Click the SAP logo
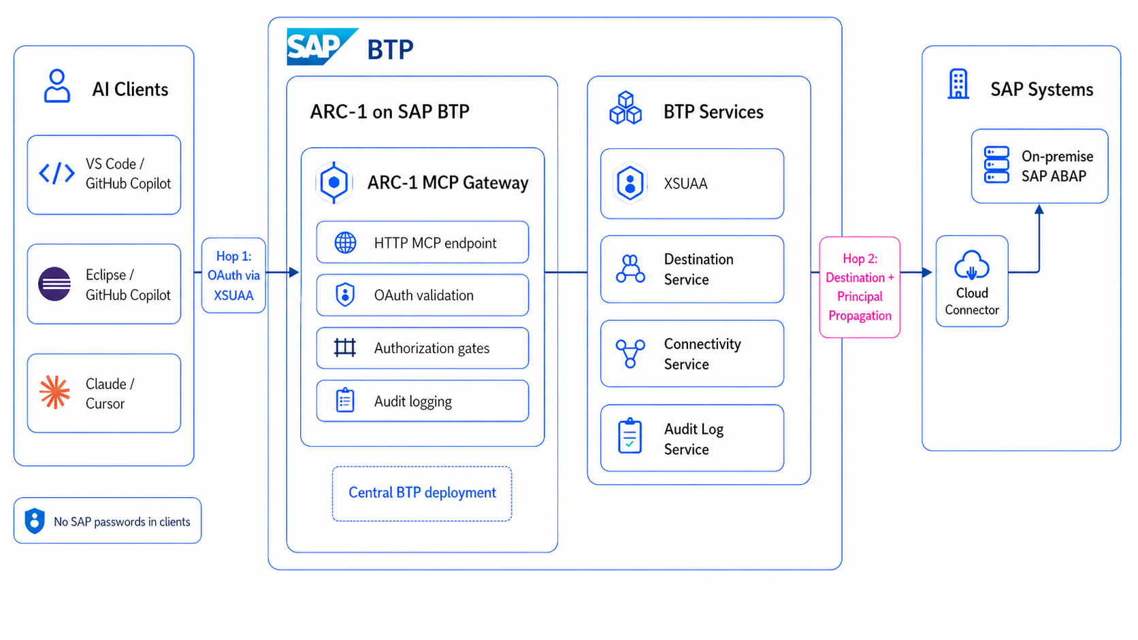pos(321,46)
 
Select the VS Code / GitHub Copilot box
pos(104,175)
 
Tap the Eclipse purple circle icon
pos(54,284)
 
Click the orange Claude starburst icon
pos(54,392)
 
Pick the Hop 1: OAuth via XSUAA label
pos(233,275)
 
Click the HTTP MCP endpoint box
pos(422,242)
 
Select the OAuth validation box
pos(422,295)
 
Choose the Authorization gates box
pos(422,348)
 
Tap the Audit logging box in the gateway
pos(422,401)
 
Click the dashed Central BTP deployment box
pos(422,493)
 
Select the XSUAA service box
pos(692,184)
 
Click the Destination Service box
pos(692,269)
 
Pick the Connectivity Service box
pos(692,354)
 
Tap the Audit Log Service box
pos(692,438)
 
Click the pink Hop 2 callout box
pos(860,287)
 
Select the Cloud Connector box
pos(971,282)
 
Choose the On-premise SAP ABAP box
pos(1039,166)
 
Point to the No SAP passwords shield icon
pos(35,521)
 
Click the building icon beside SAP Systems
pos(958,84)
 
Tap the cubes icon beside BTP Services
pos(625,108)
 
